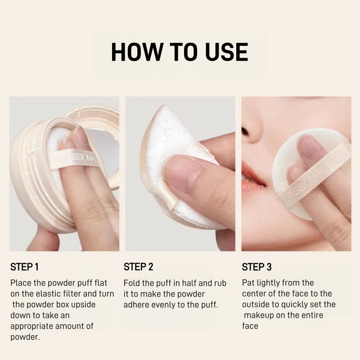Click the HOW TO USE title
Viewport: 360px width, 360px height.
pyautogui.click(x=180, y=52)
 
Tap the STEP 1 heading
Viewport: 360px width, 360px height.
pyautogui.click(x=24, y=267)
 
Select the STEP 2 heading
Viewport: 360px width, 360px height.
pyautogui.click(x=139, y=267)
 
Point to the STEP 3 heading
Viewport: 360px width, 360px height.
pyautogui.click(x=257, y=267)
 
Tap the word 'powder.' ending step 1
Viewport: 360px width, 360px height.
pyautogui.click(x=24, y=337)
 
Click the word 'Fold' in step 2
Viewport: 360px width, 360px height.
pyautogui.click(x=132, y=283)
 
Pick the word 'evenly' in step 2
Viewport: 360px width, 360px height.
pyautogui.click(x=167, y=305)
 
